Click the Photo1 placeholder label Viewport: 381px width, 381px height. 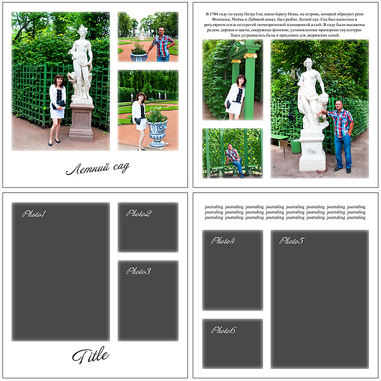[x=34, y=214]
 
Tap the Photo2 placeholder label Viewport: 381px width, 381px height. [x=138, y=213]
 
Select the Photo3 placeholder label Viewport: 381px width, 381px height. [x=138, y=271]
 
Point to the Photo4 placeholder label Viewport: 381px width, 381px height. [x=224, y=241]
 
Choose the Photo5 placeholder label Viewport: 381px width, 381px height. [x=292, y=241]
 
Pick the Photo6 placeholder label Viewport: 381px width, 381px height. [x=224, y=330]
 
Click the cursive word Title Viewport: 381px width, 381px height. [x=90, y=356]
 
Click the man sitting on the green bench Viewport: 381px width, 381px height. [x=233, y=157]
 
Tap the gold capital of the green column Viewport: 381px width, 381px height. [x=250, y=56]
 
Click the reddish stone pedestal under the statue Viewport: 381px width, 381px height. [x=81, y=121]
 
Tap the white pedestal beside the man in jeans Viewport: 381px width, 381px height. [x=312, y=151]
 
